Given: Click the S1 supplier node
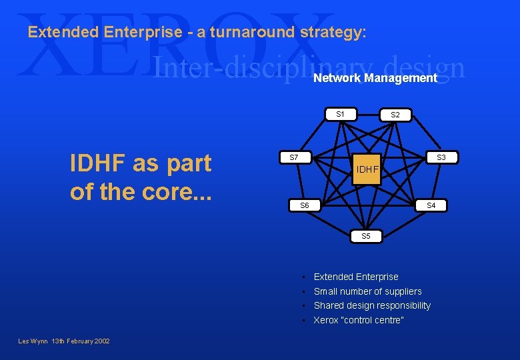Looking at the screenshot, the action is pyautogui.click(x=340, y=114).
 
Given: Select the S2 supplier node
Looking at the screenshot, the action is pyautogui.click(x=395, y=115).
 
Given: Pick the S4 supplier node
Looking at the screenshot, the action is pyautogui.click(x=431, y=205).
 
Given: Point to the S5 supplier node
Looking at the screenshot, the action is pyautogui.click(x=366, y=236).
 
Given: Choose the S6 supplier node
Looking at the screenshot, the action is pyautogui.click(x=304, y=205).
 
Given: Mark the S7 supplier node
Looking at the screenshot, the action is pyautogui.click(x=293, y=157).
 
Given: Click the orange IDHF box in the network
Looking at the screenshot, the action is pyautogui.click(x=367, y=170).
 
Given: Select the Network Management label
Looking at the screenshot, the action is pyautogui.click(x=375, y=78).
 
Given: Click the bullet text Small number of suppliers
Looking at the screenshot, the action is pyautogui.click(x=367, y=291).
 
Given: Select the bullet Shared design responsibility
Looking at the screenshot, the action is pyautogui.click(x=372, y=305).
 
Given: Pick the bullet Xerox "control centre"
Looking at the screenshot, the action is pyautogui.click(x=359, y=320).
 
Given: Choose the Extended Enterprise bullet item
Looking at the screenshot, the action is pyautogui.click(x=356, y=277).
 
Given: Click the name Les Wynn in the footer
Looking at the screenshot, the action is pyautogui.click(x=33, y=341).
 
